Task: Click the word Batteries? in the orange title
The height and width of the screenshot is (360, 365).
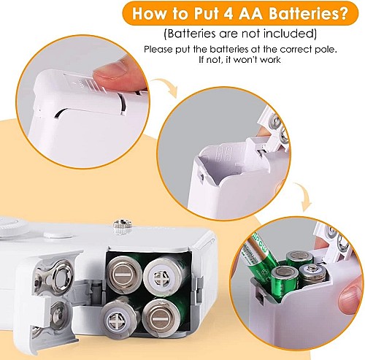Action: [308, 14]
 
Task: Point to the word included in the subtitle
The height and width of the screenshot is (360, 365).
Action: [291, 34]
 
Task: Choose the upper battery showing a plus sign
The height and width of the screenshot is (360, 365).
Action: [161, 276]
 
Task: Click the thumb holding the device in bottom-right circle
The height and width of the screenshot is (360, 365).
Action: [351, 297]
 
